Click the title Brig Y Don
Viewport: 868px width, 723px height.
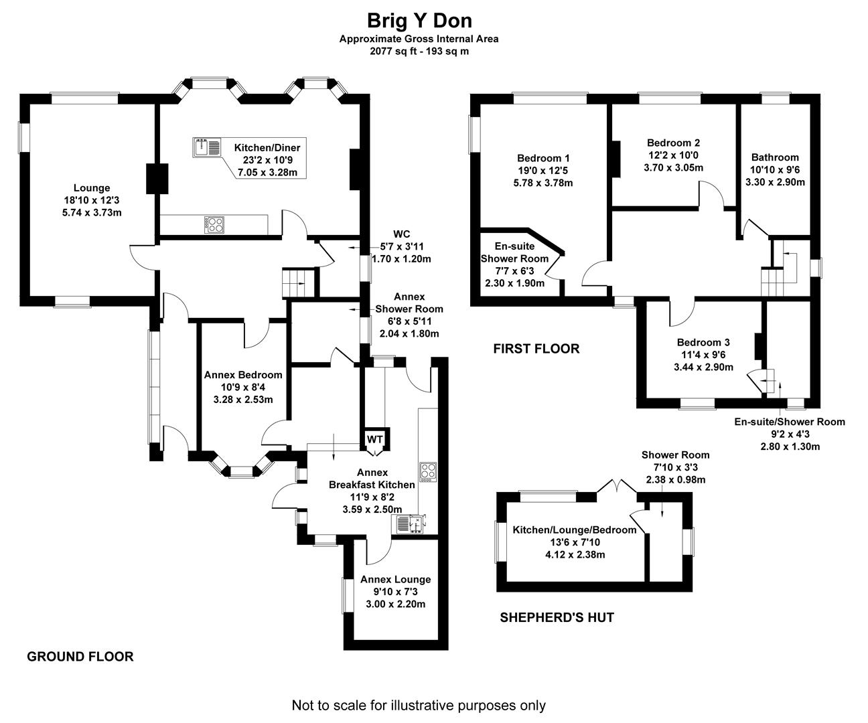(419, 20)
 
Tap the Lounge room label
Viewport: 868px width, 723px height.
(92, 188)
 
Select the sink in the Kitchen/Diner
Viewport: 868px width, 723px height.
(207, 147)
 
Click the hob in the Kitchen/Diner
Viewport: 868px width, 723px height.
(214, 224)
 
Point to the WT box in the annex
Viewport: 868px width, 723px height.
(374, 439)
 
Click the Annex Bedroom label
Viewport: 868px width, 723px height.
(243, 375)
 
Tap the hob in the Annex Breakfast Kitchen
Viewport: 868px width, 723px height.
(427, 472)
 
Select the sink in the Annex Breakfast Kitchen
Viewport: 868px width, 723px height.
(409, 524)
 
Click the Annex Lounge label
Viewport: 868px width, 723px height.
(395, 579)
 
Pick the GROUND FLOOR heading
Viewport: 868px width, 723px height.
(80, 657)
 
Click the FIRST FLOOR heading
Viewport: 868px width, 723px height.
(536, 349)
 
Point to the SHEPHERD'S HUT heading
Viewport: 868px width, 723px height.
(557, 617)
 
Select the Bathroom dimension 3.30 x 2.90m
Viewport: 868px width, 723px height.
(775, 181)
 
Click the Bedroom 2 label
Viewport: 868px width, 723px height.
(673, 143)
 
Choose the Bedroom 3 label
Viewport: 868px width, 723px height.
(703, 342)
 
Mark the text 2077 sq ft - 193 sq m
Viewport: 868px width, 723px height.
(419, 51)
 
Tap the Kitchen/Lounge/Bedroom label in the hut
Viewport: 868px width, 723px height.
(574, 530)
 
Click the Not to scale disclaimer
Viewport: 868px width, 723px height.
(419, 705)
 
